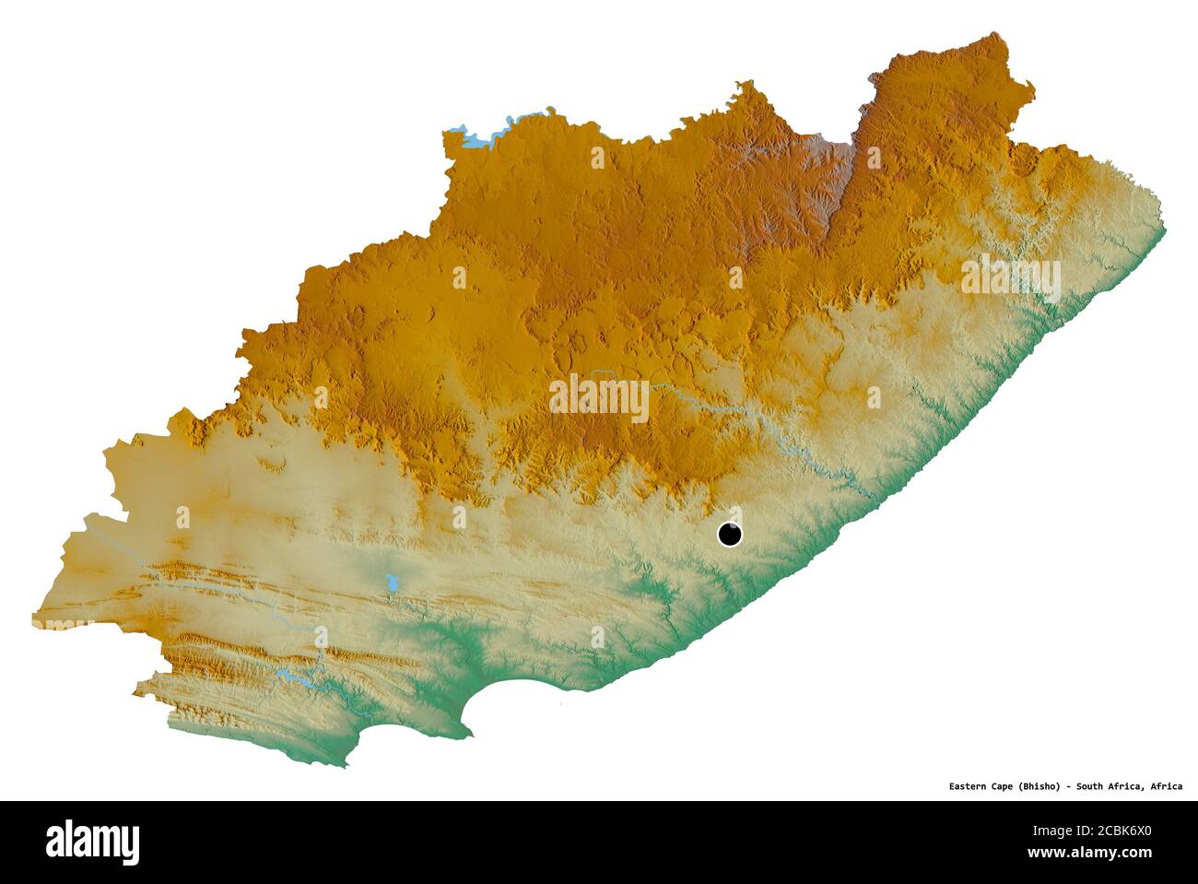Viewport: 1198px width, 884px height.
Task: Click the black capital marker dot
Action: coord(730,534)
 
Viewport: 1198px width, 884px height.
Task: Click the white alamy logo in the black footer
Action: coord(93,841)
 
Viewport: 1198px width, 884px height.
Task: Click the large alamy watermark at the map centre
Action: coord(599,398)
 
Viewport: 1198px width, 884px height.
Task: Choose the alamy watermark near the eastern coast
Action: coord(1011,280)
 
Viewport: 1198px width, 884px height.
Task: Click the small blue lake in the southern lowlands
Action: coord(392,583)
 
